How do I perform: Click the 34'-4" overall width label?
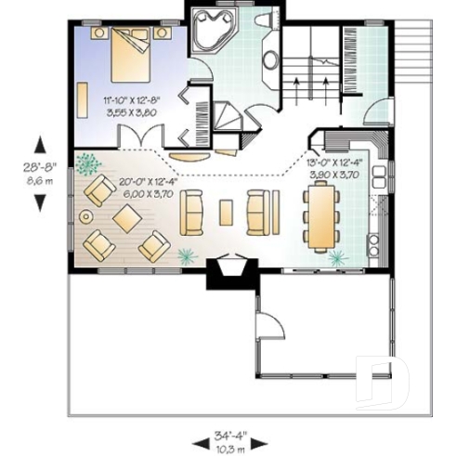tap(229, 436)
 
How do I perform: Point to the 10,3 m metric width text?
tap(229, 448)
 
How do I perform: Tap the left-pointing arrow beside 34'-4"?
tap(198, 441)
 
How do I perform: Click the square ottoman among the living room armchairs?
tap(124, 219)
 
